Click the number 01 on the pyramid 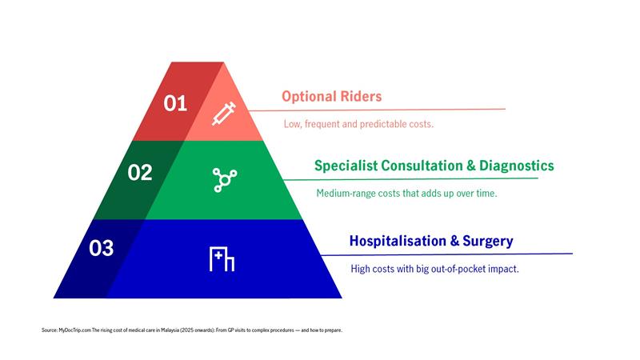point(174,103)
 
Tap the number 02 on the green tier point(139,172)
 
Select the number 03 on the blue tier point(102,248)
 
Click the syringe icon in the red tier point(223,114)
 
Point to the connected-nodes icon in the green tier point(222,179)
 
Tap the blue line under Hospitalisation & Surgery point(448,254)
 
